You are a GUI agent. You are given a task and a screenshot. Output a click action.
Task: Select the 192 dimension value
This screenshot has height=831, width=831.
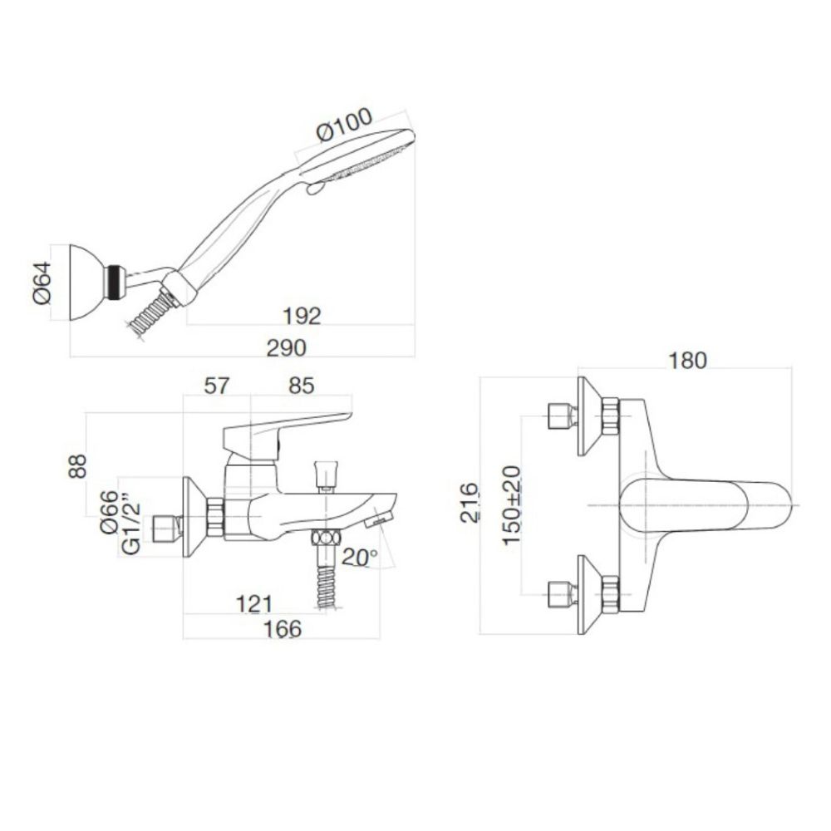(300, 316)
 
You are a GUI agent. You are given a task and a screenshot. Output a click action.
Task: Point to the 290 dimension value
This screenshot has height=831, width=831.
(286, 347)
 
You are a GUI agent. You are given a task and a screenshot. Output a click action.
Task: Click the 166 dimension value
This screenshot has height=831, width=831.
(283, 629)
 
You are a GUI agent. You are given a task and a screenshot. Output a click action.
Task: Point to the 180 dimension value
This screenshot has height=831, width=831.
(686, 360)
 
